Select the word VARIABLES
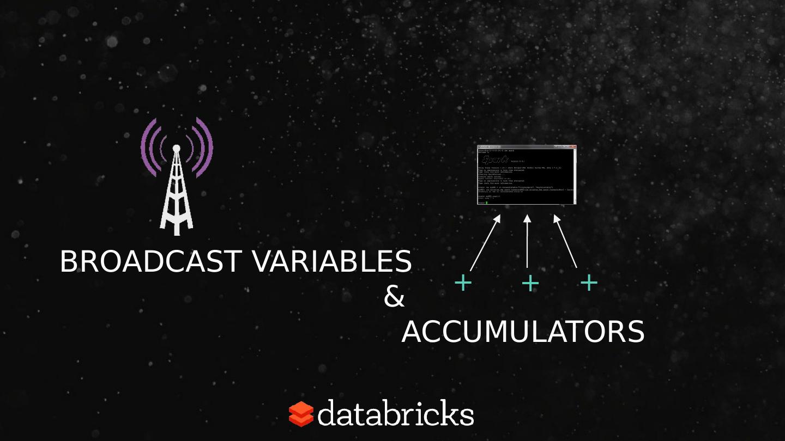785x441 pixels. coord(331,262)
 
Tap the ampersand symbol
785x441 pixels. coord(394,297)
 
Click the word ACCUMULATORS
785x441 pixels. coord(523,332)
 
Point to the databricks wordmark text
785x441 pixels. coord(395,414)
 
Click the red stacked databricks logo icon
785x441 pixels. coord(301,414)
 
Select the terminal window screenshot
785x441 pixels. coord(527,175)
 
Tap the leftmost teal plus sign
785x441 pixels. coord(463,283)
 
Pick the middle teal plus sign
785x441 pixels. coord(530,283)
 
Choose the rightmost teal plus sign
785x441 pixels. coord(589,283)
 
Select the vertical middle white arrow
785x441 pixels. coord(527,241)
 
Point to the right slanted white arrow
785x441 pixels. coord(565,241)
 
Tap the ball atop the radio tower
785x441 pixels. coord(176,148)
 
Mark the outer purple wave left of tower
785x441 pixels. coord(145,147)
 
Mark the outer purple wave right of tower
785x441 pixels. coord(207,147)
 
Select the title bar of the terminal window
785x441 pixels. coord(527,147)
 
